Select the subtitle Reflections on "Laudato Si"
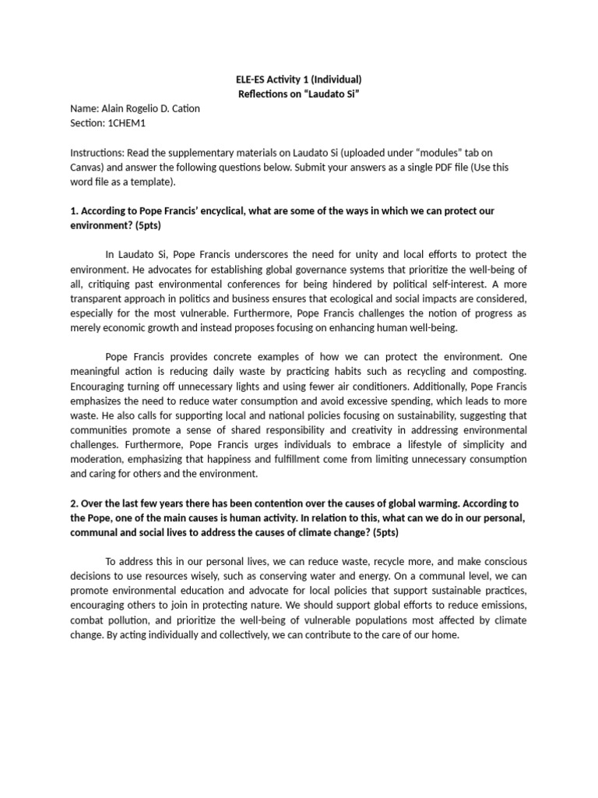pyautogui.click(x=300, y=94)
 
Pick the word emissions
pyautogui.click(x=498, y=606)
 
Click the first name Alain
pyautogui.click(x=114, y=109)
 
